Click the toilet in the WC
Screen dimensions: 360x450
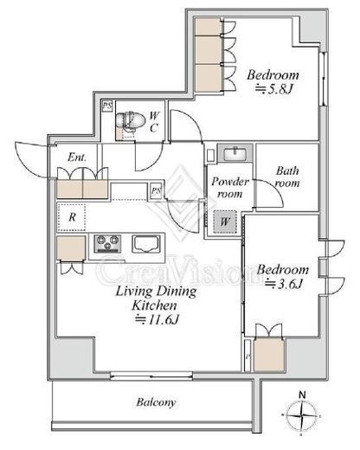130,120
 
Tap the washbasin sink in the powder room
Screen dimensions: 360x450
235,153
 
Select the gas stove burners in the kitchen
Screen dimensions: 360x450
107,244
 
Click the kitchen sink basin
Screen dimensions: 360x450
146,244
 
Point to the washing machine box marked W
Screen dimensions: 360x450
225,222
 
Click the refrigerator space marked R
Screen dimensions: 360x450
72,217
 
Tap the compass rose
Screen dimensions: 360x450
302,415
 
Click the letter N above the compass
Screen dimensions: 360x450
302,395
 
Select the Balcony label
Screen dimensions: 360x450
156,402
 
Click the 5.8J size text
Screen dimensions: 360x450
274,89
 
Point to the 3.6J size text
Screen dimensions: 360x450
284,285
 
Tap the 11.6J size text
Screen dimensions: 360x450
157,319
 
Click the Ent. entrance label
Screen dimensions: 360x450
77,157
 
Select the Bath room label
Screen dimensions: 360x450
287,177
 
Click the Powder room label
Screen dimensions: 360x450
230,188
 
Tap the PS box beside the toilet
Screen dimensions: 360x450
107,106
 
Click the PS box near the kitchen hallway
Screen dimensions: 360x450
156,190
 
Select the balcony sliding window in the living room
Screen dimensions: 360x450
151,376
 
